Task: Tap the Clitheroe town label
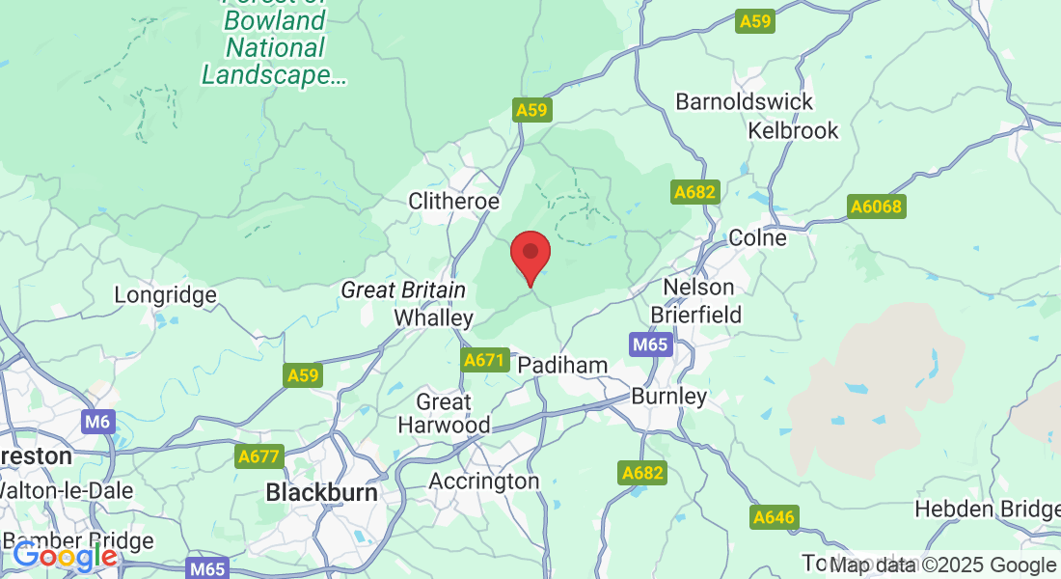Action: point(454,202)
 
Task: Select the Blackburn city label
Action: point(321,492)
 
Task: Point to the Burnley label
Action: point(668,397)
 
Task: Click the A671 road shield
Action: point(484,360)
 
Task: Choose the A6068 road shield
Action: point(875,207)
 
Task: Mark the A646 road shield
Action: point(774,517)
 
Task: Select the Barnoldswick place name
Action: point(744,101)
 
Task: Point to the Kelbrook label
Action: point(793,130)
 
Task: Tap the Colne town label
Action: point(757,237)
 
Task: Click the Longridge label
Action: point(165,294)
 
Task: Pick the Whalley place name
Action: point(434,318)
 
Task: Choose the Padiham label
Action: point(562,366)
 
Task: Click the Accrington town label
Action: point(483,481)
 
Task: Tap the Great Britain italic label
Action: point(403,290)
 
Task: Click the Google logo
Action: point(65,557)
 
